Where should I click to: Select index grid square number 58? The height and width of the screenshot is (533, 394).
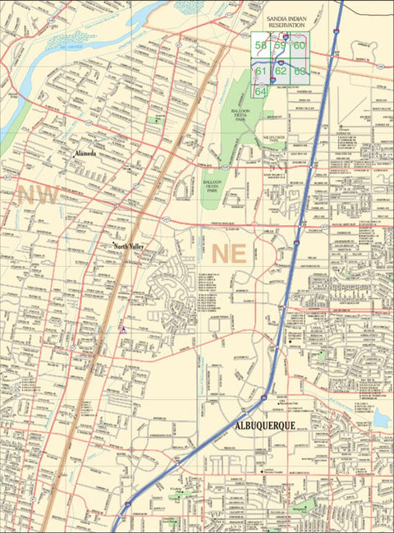click(260, 46)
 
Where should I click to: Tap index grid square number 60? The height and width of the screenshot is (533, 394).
click(299, 46)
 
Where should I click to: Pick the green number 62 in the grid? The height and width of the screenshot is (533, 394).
click(280, 71)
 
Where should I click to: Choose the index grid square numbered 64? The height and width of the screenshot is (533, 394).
click(260, 91)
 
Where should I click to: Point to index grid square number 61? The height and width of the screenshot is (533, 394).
click(260, 71)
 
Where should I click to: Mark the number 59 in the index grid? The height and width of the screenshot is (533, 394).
click(280, 46)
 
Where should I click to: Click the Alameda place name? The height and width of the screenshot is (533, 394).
click(85, 154)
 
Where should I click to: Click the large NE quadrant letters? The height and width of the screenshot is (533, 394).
click(229, 253)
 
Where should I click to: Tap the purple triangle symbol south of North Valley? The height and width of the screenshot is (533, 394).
click(122, 329)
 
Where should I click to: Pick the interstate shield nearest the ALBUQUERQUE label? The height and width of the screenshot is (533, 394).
click(263, 398)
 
